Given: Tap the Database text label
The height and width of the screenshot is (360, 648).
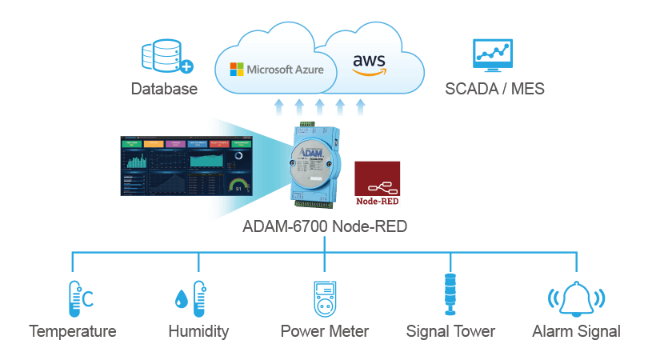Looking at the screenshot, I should [164, 89].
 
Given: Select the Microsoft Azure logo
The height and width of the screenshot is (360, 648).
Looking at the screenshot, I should [277, 69].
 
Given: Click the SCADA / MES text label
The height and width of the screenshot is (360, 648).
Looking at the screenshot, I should [494, 89].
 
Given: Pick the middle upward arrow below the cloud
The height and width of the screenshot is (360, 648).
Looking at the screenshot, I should [319, 107].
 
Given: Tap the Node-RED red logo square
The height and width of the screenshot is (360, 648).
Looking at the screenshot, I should [378, 184].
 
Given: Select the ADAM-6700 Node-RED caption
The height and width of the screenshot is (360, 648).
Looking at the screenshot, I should [325, 227].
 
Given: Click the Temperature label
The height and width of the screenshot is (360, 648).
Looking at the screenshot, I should [73, 331].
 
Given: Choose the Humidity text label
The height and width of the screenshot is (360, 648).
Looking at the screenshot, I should [198, 331].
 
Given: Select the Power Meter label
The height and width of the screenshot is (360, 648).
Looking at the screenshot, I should [325, 331].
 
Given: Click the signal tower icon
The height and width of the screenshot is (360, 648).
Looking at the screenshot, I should [450, 296].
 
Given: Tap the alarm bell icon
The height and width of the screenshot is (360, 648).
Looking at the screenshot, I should [576, 299].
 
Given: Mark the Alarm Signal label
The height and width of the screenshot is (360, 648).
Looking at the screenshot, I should [576, 331].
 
